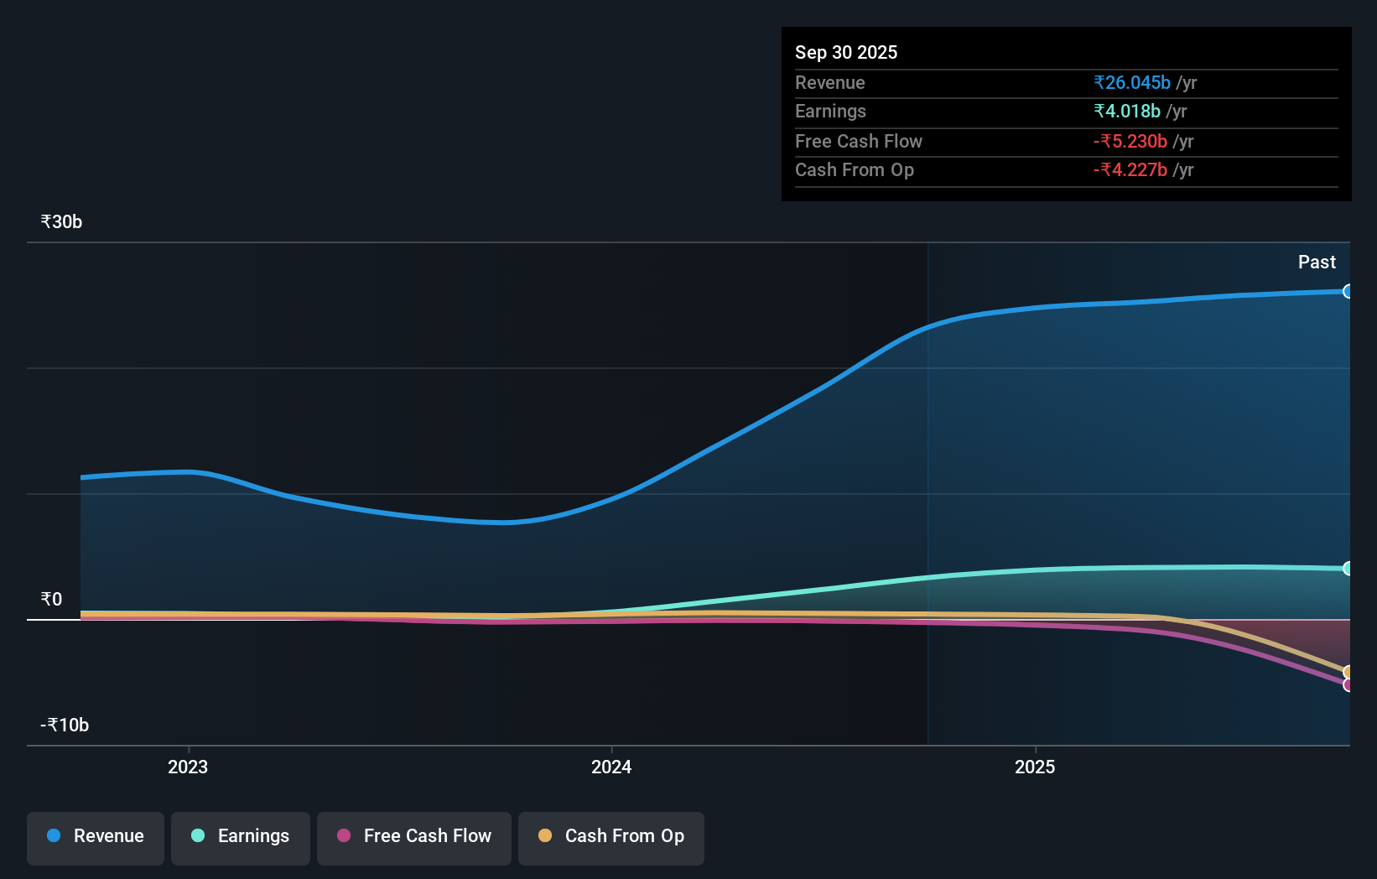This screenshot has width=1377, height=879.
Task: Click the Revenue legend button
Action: point(96,837)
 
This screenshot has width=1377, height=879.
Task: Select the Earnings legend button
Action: point(241,837)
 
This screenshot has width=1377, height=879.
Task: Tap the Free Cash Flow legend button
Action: point(414,837)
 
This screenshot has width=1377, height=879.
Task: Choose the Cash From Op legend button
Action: point(611,837)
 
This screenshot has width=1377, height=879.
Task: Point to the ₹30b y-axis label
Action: point(61,222)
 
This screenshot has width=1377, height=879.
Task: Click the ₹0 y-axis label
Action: point(51,600)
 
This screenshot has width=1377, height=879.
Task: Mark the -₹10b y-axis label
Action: point(65,726)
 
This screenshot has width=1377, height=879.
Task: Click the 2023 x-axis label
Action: point(188,767)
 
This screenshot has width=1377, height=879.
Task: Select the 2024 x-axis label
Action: point(611,767)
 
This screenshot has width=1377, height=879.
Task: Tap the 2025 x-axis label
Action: point(1035,767)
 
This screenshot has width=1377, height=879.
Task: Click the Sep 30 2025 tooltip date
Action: point(846,53)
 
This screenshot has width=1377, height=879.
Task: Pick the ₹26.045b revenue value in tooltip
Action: point(1132,83)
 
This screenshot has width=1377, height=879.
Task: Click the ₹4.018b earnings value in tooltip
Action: point(1127,112)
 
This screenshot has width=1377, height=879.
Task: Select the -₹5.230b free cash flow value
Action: point(1130,142)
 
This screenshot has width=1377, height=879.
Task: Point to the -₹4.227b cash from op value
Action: point(1130,170)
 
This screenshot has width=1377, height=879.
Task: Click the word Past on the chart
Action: point(1317,263)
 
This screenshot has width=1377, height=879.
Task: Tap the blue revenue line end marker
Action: point(1348,292)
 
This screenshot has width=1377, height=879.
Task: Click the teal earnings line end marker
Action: point(1348,569)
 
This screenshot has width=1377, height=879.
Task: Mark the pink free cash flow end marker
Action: point(1348,685)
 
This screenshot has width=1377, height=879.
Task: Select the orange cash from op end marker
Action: point(1348,672)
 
